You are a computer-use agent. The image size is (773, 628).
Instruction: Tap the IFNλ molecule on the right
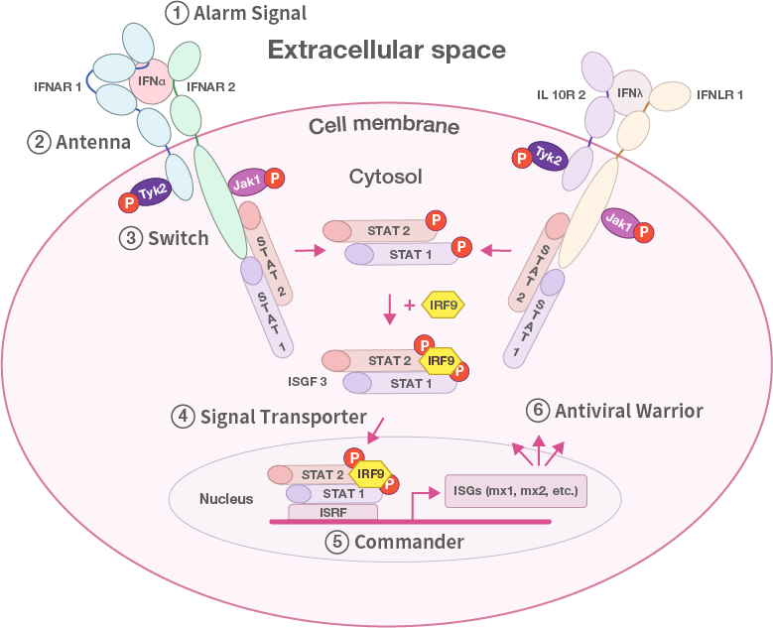629,94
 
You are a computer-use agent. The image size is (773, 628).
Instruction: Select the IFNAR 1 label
57,87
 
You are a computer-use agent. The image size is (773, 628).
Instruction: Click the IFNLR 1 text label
718,94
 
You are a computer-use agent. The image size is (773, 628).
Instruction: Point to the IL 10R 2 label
561,94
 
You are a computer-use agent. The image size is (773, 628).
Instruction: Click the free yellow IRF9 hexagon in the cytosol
444,304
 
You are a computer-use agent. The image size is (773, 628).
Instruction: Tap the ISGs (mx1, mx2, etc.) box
515,491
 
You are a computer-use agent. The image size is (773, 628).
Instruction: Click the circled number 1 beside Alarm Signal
178,14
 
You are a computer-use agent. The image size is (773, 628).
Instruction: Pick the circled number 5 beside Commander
336,542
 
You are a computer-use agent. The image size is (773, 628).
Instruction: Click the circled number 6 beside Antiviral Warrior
537,410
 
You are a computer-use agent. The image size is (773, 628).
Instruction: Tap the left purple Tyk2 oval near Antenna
151,189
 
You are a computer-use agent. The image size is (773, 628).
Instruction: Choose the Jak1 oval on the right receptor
619,224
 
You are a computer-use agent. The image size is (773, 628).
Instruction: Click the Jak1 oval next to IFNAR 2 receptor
246,182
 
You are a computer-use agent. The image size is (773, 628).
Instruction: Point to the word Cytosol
386,177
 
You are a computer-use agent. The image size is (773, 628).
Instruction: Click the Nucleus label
226,499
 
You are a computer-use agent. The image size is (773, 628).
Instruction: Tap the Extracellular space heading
387,50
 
